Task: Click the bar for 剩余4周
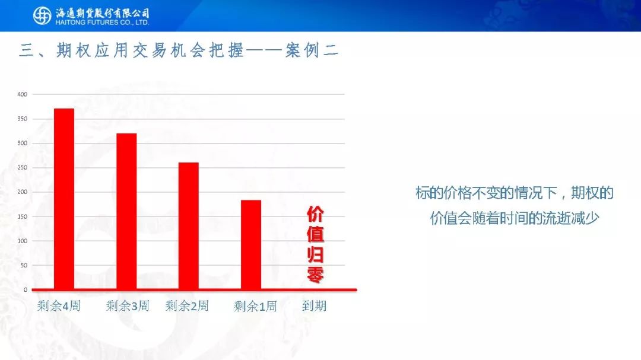64,199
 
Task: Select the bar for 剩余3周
127,211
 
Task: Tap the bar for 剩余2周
189,226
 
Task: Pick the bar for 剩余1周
251,245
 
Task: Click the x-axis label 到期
315,305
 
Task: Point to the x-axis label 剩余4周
59,305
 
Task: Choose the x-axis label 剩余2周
187,305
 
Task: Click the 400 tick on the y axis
22,94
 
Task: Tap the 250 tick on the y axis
22,167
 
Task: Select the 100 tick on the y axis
22,241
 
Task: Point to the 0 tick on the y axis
26,289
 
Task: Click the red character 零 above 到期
315,275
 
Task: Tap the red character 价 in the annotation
315,214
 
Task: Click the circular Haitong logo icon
42,16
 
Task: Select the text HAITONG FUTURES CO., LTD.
102,23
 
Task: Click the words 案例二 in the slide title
312,50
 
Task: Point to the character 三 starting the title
27,50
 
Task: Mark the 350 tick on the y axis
22,119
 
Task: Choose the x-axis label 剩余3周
128,305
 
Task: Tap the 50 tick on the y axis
24,265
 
